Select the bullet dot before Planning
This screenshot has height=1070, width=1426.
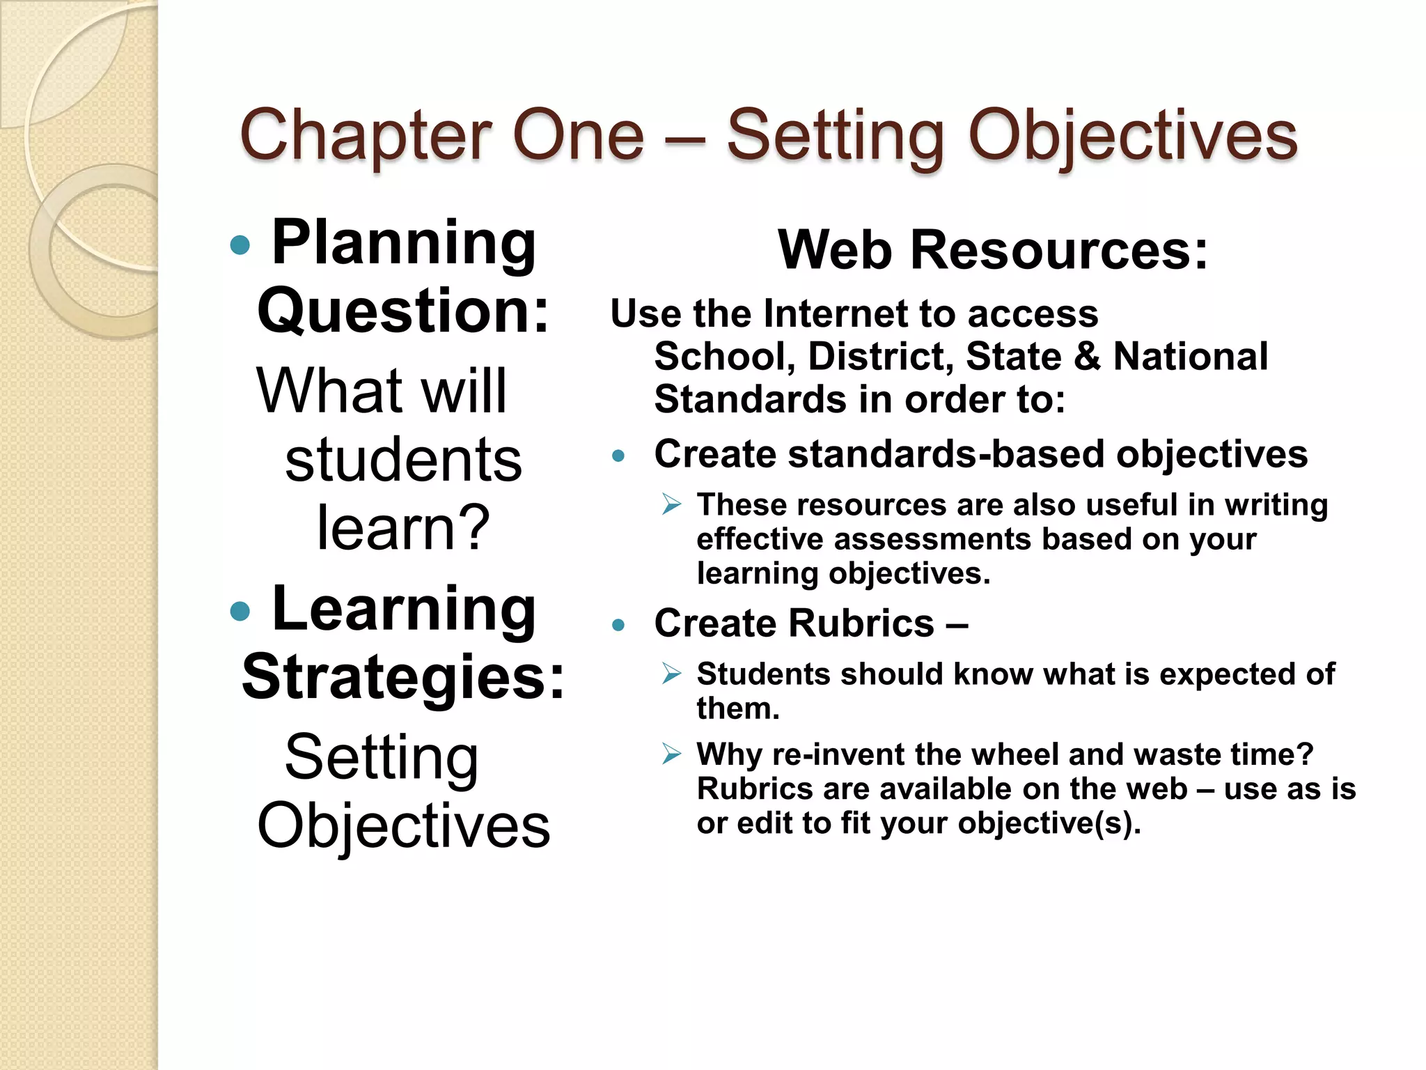pos(240,245)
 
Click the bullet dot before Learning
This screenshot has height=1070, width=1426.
pos(240,611)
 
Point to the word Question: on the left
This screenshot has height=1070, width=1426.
pos(403,311)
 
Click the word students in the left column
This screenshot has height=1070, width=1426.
pos(403,460)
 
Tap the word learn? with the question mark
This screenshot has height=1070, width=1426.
pos(403,528)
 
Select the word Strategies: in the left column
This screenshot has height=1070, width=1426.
pos(403,677)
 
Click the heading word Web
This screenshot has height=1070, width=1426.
pos(835,250)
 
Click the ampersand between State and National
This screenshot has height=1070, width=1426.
pos(1087,357)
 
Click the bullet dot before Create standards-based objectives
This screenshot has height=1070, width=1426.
pos(618,456)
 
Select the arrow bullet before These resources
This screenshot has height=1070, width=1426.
pos(671,504)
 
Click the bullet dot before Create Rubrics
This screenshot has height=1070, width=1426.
pos(618,625)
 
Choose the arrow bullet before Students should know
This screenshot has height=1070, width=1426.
pos(671,673)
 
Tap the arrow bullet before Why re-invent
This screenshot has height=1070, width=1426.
pos(671,754)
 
